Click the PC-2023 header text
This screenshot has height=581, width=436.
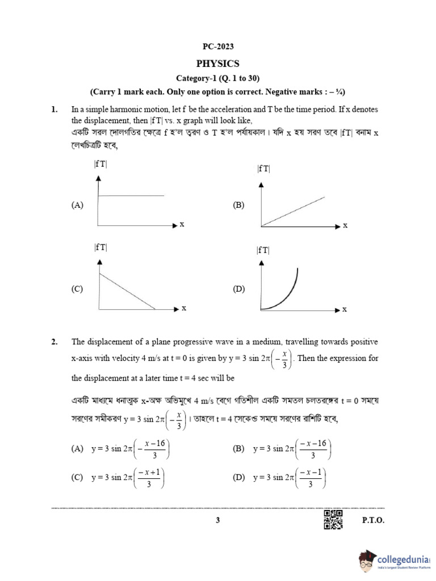217,46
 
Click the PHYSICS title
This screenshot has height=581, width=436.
217,64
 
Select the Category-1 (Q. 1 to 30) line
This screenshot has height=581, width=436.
217,78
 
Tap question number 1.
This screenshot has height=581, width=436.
54,108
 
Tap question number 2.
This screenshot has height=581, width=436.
54,342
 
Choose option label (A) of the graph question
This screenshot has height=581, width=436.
77,206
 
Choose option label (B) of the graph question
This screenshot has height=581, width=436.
238,206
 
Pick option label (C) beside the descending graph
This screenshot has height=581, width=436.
77,289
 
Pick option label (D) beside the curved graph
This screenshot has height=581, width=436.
238,289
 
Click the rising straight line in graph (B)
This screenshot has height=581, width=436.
293,212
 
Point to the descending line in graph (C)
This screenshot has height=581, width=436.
127,292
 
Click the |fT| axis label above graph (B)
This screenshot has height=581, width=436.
263,169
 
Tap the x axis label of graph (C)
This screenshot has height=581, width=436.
184,308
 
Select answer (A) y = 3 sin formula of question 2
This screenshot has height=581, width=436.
130,449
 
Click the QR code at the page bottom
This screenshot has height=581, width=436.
333,520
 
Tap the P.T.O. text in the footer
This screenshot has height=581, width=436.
373,520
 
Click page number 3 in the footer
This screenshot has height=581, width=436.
217,520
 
